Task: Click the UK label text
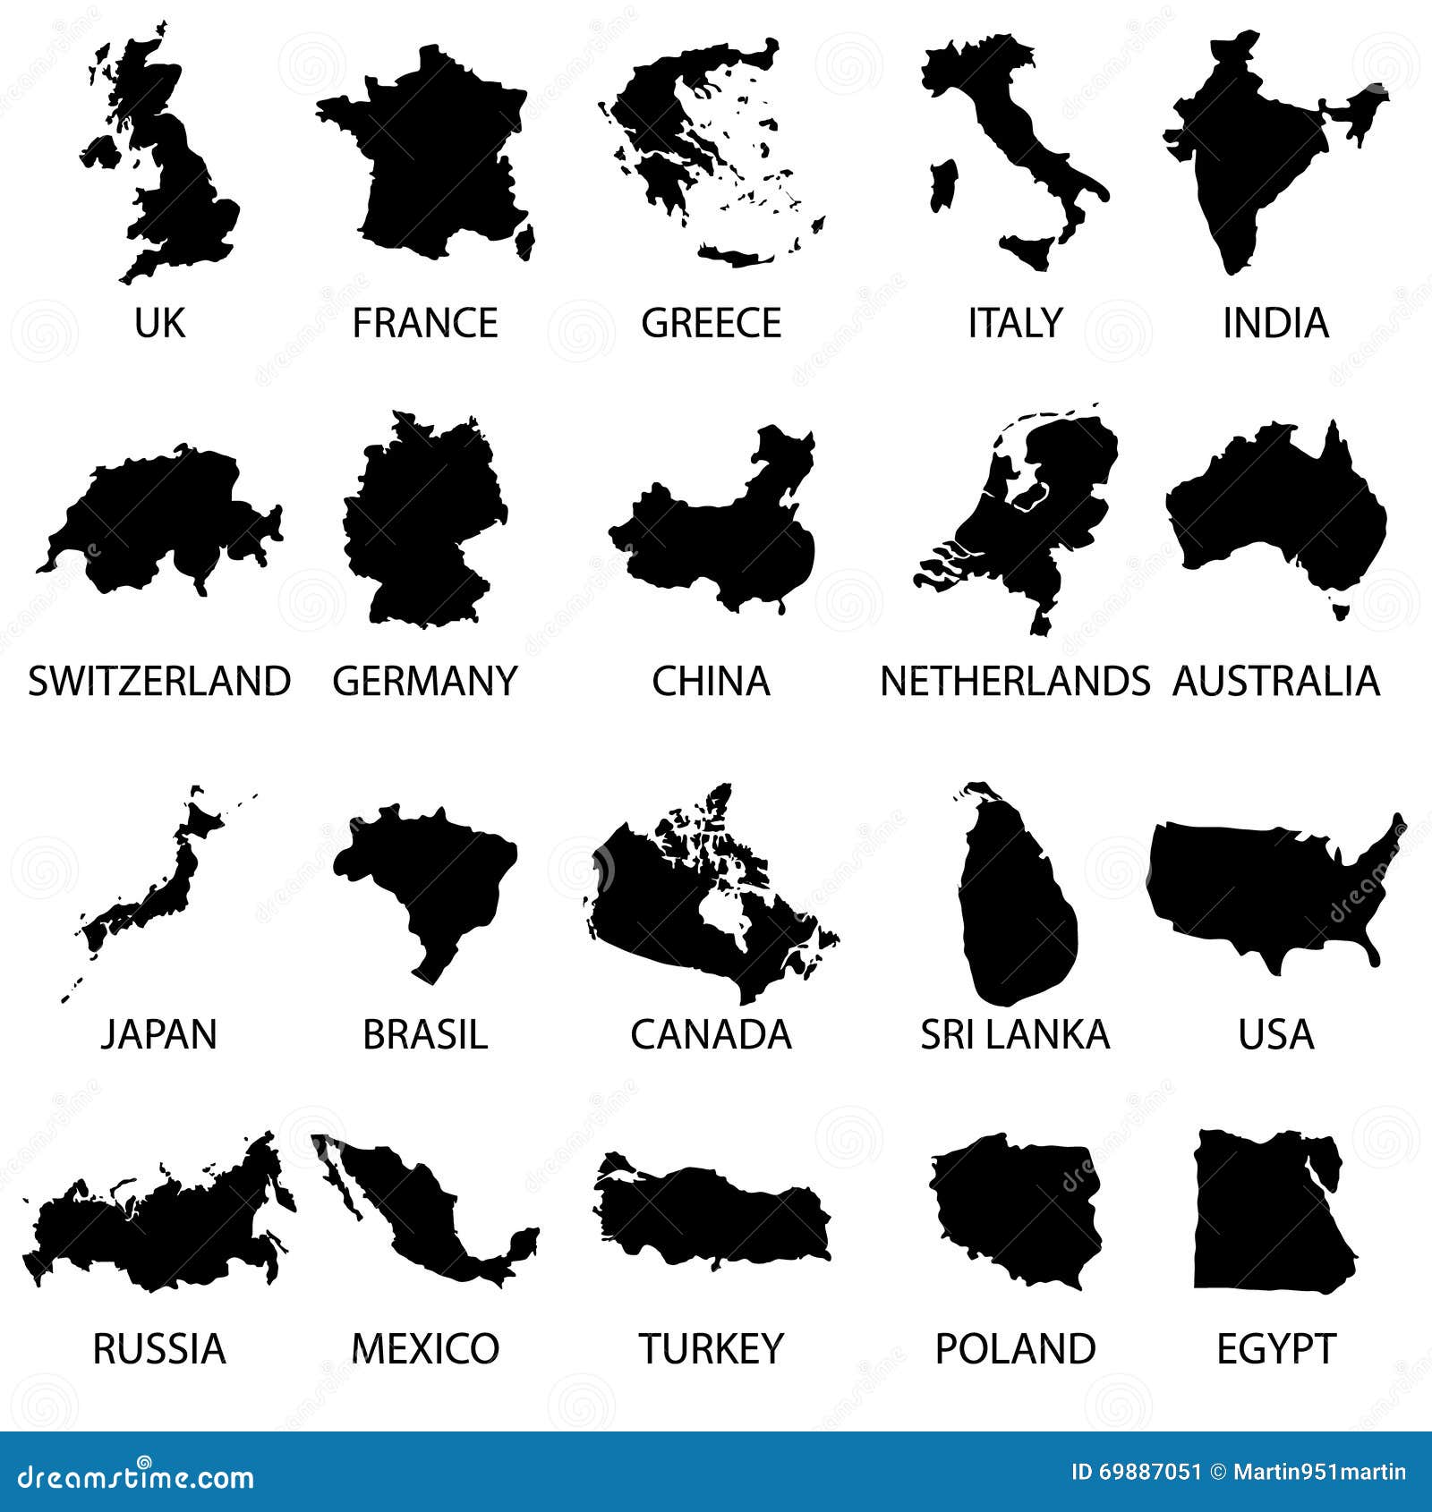(159, 323)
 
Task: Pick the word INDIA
(1275, 323)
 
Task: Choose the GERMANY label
(424, 681)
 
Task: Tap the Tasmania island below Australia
(1340, 611)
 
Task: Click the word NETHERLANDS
(1015, 681)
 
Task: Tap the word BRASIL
(425, 1035)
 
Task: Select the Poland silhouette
(1016, 1208)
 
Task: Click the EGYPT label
(1275, 1349)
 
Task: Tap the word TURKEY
(712, 1349)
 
